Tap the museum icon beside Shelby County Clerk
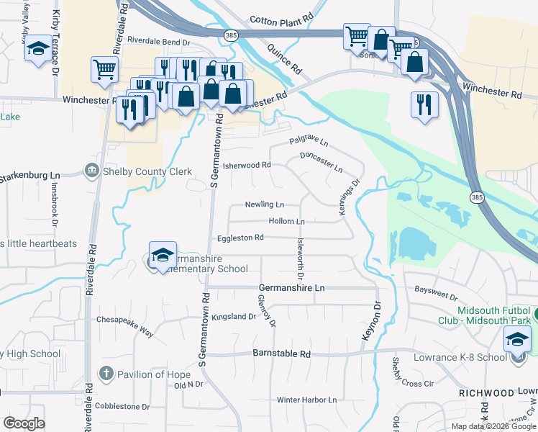[x=92, y=171]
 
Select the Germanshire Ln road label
[x=291, y=287]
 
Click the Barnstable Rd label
[x=281, y=354]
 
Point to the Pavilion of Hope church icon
[x=106, y=373]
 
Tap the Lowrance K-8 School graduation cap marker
[x=517, y=340]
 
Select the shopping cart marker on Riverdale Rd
[x=104, y=69]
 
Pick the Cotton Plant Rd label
[x=281, y=20]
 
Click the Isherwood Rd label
[x=247, y=165]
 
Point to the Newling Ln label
[x=264, y=204]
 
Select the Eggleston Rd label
[x=241, y=237]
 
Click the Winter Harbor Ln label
[x=306, y=400]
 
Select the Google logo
[x=24, y=423]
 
